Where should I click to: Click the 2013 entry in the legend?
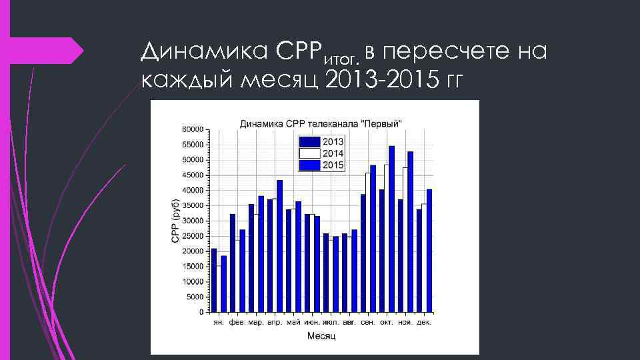click(x=321, y=141)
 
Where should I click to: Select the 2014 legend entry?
click(x=321, y=153)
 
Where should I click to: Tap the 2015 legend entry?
click(x=321, y=165)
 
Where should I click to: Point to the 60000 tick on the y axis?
click(x=192, y=129)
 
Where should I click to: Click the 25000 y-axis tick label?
click(x=192, y=236)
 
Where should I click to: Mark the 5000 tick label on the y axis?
click(x=194, y=297)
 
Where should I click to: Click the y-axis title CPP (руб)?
click(x=175, y=221)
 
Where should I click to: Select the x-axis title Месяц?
click(x=321, y=336)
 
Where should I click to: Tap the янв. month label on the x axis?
click(x=219, y=323)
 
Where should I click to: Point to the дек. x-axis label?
click(x=424, y=323)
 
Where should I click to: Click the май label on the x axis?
click(x=293, y=323)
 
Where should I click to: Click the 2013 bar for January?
click(x=214, y=280)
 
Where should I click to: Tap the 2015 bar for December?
click(x=429, y=250)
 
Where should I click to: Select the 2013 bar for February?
click(x=233, y=263)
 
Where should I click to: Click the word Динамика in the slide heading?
click(x=186, y=51)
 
